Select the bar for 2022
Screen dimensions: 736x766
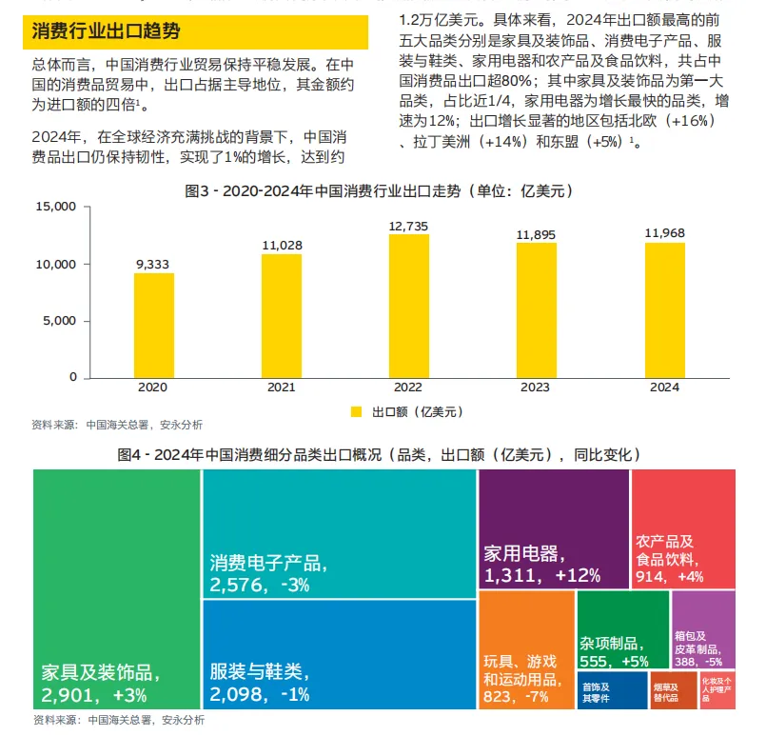(x=408, y=306)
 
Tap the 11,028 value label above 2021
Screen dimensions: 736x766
(x=282, y=246)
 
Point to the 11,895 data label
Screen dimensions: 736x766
(x=537, y=234)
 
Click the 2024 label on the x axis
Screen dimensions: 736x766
(x=663, y=388)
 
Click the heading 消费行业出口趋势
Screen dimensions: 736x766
(x=106, y=30)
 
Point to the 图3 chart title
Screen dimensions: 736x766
(x=379, y=191)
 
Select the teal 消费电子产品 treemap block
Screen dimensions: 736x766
(x=339, y=533)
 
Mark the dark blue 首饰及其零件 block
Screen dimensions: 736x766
(x=598, y=688)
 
